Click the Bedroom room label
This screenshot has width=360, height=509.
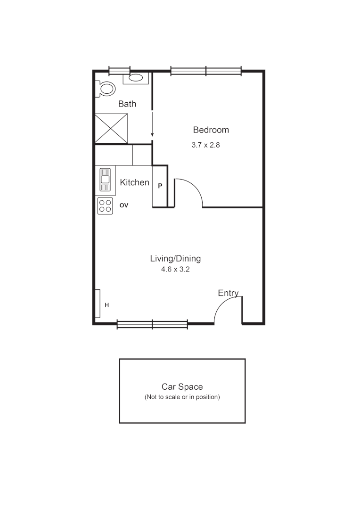[211, 130]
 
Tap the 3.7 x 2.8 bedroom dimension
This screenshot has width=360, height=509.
[206, 145]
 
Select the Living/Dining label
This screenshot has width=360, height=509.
[175, 258]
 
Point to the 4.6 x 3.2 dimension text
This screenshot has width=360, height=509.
[175, 270]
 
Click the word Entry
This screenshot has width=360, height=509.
[228, 293]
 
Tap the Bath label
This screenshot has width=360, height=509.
[127, 104]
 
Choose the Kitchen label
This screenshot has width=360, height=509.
[135, 182]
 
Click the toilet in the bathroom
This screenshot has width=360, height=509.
[106, 89]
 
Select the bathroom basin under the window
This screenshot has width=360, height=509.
[137, 78]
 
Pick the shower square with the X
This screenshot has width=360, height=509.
[112, 128]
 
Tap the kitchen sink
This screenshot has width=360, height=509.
[105, 179]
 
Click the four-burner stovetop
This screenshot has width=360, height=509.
[105, 206]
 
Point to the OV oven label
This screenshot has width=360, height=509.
[124, 205]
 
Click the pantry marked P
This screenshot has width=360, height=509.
[160, 186]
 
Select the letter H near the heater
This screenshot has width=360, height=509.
[107, 305]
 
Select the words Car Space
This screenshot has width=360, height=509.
[182, 387]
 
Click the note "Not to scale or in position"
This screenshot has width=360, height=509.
[182, 397]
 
